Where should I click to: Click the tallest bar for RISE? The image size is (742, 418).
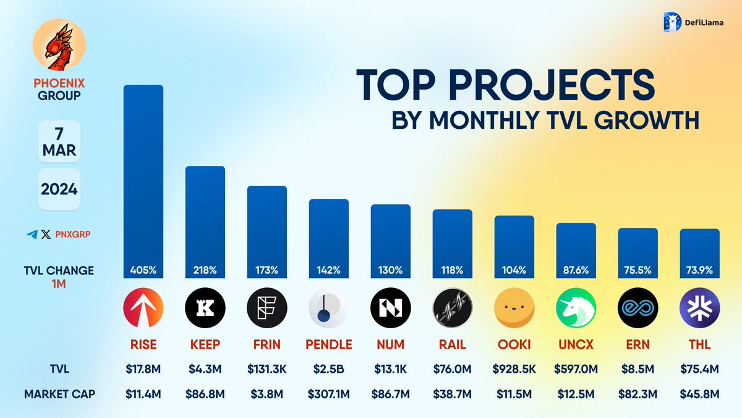click(143, 180)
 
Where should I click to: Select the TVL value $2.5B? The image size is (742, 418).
click(328, 368)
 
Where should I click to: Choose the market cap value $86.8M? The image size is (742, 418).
click(205, 394)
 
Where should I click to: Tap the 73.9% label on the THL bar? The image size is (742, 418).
click(699, 271)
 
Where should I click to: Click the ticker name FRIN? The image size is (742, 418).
click(267, 344)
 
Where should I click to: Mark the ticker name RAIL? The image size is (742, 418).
click(453, 344)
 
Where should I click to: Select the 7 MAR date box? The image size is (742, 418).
click(59, 141)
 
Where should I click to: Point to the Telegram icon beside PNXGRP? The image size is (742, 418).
click(32, 235)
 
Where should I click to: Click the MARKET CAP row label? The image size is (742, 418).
click(59, 394)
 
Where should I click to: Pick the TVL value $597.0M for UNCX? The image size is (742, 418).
click(576, 368)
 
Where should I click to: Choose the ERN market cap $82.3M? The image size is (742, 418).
click(638, 394)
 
